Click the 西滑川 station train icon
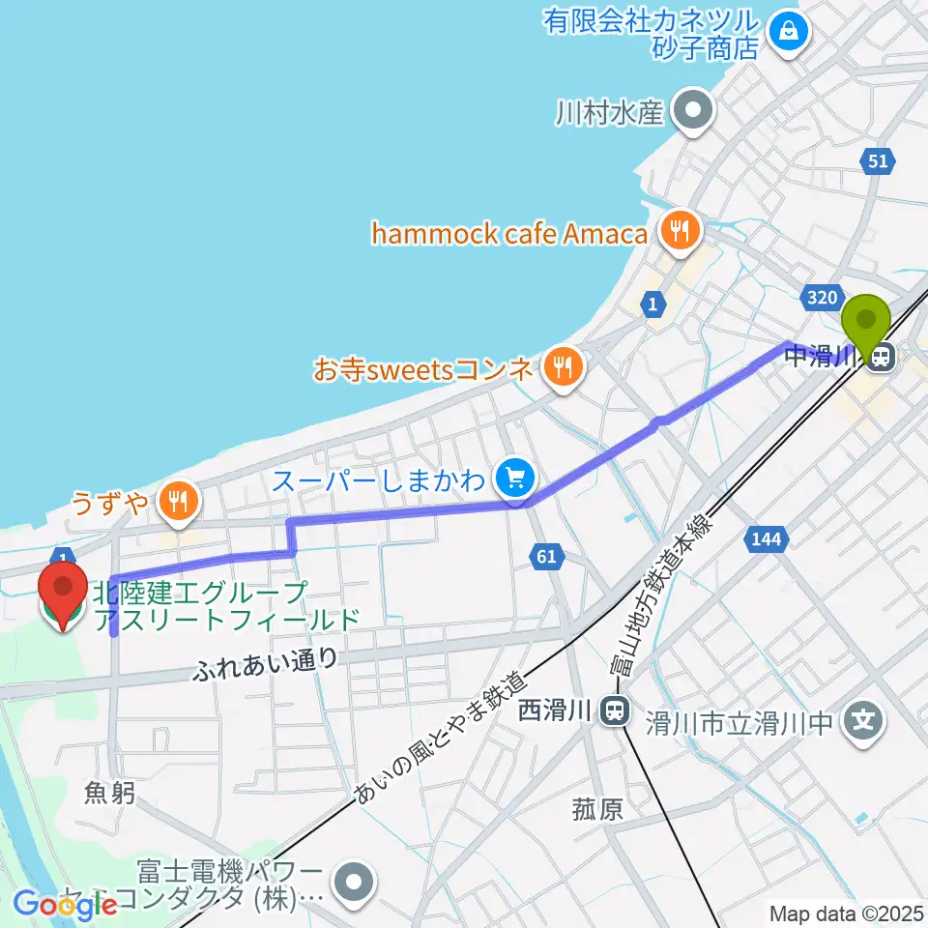tap(611, 712)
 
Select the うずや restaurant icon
tap(176, 501)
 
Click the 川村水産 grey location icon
tap(693, 112)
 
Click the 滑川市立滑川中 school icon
tap(862, 720)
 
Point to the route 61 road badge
tap(545, 556)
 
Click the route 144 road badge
tap(767, 537)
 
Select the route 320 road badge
tap(823, 298)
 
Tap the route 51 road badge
tap(877, 162)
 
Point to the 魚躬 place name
tap(109, 793)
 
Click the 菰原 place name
tap(596, 808)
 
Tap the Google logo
tap(65, 905)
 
